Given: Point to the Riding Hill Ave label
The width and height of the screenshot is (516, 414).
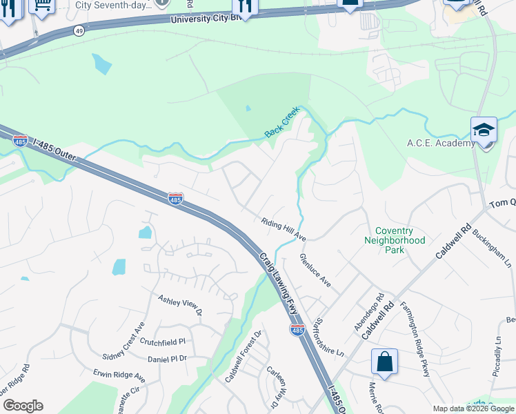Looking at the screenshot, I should [284, 230].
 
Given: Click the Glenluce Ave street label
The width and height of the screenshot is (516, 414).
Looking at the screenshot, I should [315, 270].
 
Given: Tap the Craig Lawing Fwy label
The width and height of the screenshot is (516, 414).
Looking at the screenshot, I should [279, 283].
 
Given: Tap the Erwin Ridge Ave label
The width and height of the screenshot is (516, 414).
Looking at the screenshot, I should [119, 377].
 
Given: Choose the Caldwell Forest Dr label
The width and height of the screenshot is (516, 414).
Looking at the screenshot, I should [244, 356].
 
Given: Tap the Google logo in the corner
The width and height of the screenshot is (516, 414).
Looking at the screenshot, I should [22, 406].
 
